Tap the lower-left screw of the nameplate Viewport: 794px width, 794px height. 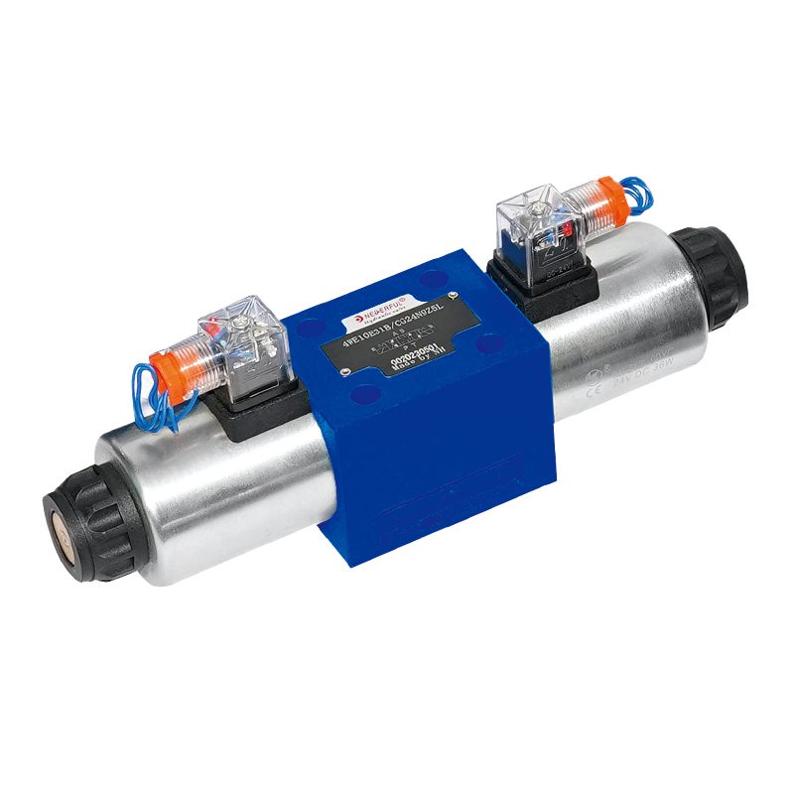coord(344,371)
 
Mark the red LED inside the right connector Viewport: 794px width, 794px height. coord(570,230)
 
